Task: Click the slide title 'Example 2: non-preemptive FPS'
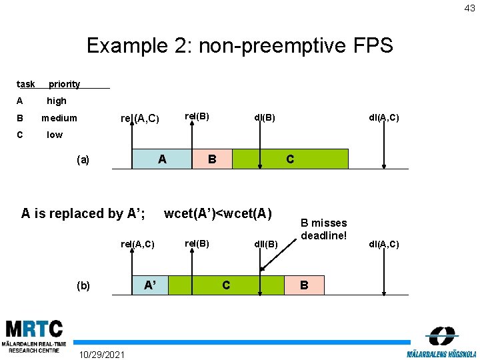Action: (x=240, y=45)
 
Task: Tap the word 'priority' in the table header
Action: (x=64, y=84)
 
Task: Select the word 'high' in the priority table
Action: (x=57, y=101)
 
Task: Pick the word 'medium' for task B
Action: (x=59, y=118)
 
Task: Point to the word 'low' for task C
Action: (x=55, y=135)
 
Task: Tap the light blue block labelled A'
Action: (x=151, y=285)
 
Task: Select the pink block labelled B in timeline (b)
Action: (x=304, y=285)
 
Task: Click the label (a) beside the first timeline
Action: (x=83, y=159)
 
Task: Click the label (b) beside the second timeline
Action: (x=83, y=285)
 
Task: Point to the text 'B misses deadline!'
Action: (x=324, y=229)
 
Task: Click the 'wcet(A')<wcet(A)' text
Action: (x=218, y=213)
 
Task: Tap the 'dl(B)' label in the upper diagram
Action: (x=265, y=118)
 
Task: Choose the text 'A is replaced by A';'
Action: (x=83, y=213)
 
